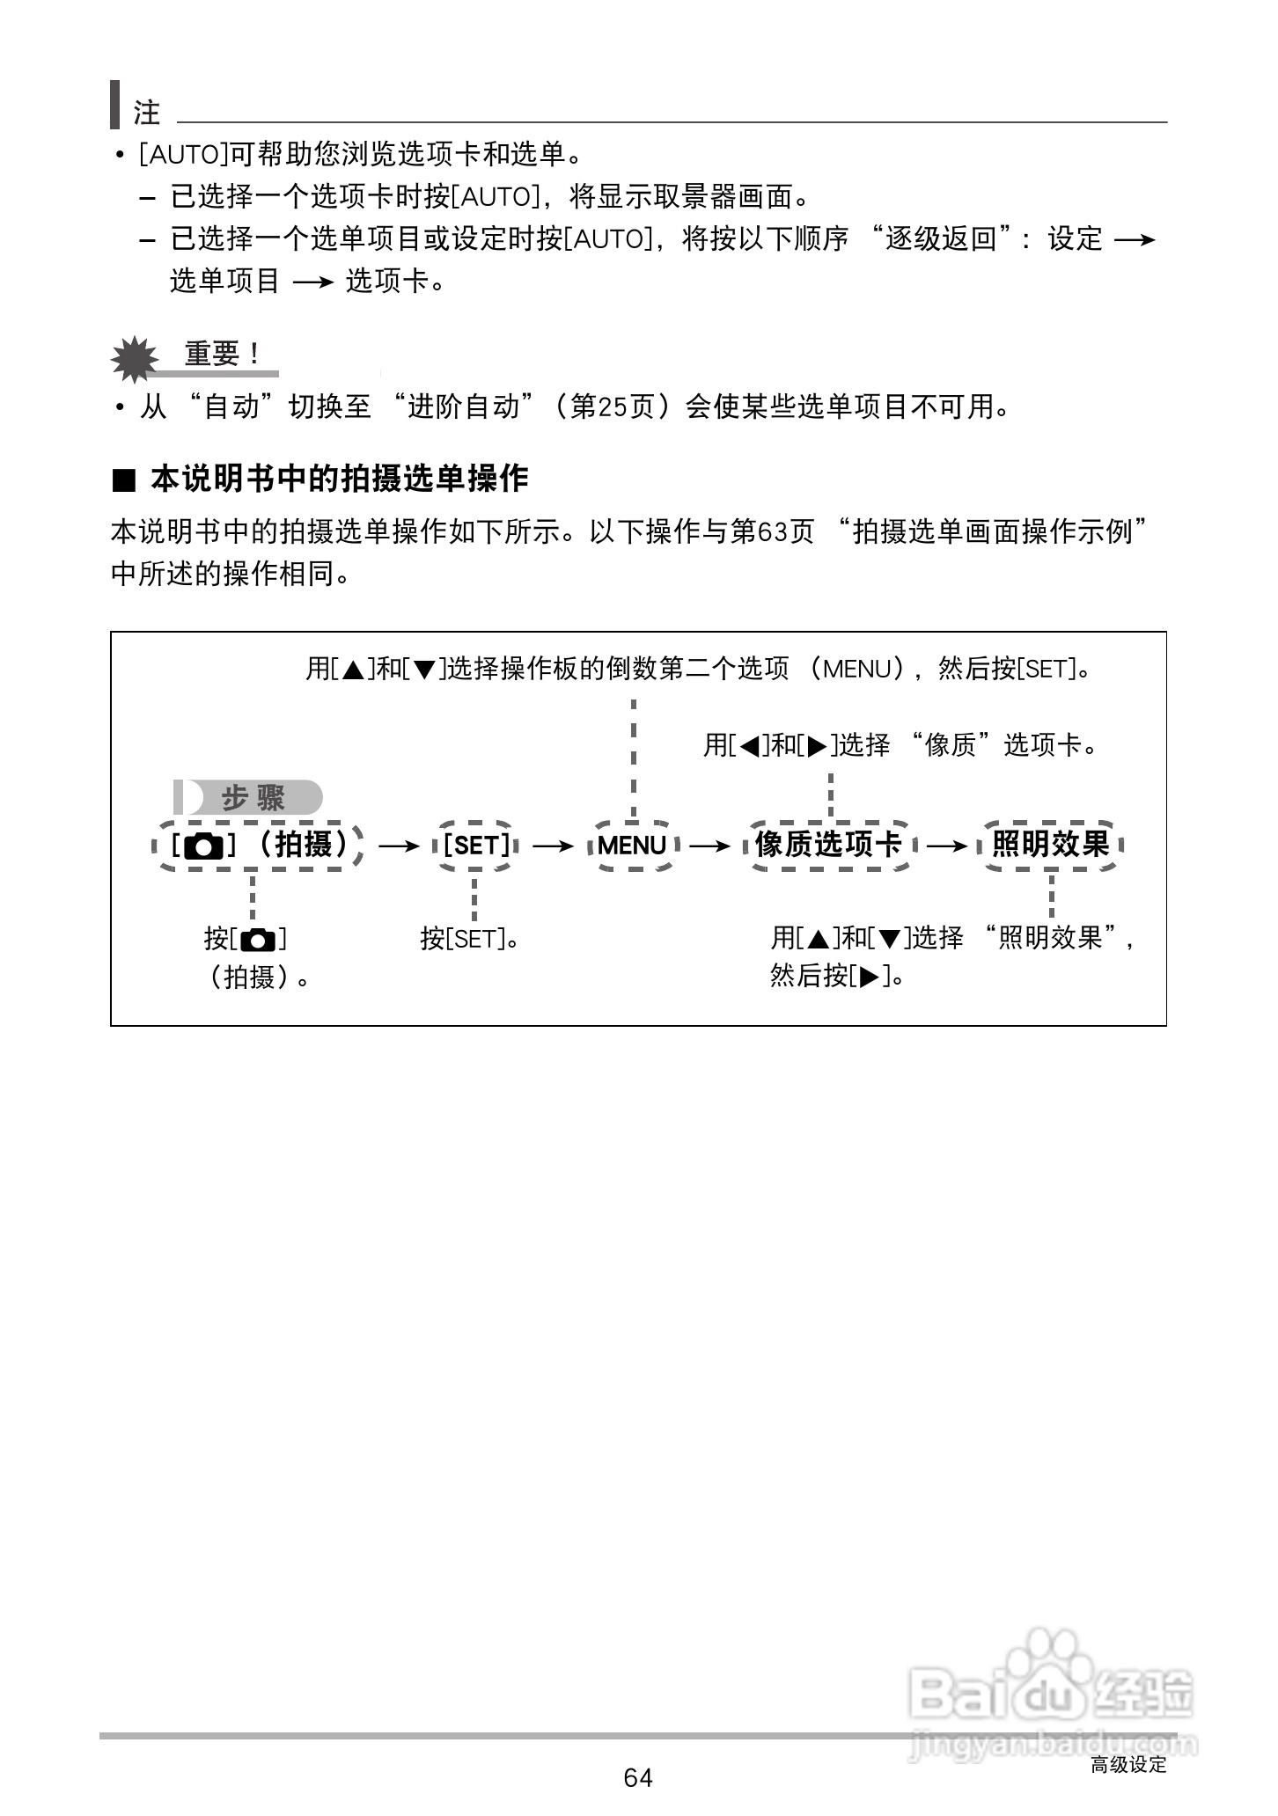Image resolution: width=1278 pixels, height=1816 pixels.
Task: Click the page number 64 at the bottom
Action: pyautogui.click(x=637, y=1777)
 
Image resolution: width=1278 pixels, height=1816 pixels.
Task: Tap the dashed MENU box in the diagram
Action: pyautogui.click(x=632, y=846)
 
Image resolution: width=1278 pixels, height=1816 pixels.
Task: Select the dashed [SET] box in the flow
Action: pyautogui.click(x=475, y=846)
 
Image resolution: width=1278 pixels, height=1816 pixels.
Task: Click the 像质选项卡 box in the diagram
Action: pyautogui.click(x=828, y=846)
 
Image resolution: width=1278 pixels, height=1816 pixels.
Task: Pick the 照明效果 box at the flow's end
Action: pyautogui.click(x=1050, y=846)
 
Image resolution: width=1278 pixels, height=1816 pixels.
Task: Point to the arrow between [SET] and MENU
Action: pyautogui.click(x=553, y=846)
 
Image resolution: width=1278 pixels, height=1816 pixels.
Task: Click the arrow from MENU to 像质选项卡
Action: pyautogui.click(x=710, y=846)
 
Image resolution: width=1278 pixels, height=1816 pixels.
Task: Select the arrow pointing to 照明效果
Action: pyautogui.click(x=947, y=846)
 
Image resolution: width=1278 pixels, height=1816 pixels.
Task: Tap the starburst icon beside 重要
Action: pyautogui.click(x=134, y=358)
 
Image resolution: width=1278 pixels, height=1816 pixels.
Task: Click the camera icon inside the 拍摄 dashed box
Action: pyautogui.click(x=204, y=846)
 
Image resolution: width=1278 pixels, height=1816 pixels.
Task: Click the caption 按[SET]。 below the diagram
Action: pyautogui.click(x=469, y=939)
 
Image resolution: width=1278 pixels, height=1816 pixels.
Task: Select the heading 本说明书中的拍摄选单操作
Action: pyautogui.click(x=339, y=479)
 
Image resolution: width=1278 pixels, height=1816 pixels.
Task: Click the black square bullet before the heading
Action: pyautogui.click(x=124, y=480)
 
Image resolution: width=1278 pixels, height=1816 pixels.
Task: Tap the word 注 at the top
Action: pyautogui.click(x=147, y=113)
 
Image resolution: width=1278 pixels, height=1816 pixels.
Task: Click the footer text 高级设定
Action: pyautogui.click(x=1128, y=1764)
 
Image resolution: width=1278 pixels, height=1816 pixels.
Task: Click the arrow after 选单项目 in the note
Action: pyautogui.click(x=312, y=282)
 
